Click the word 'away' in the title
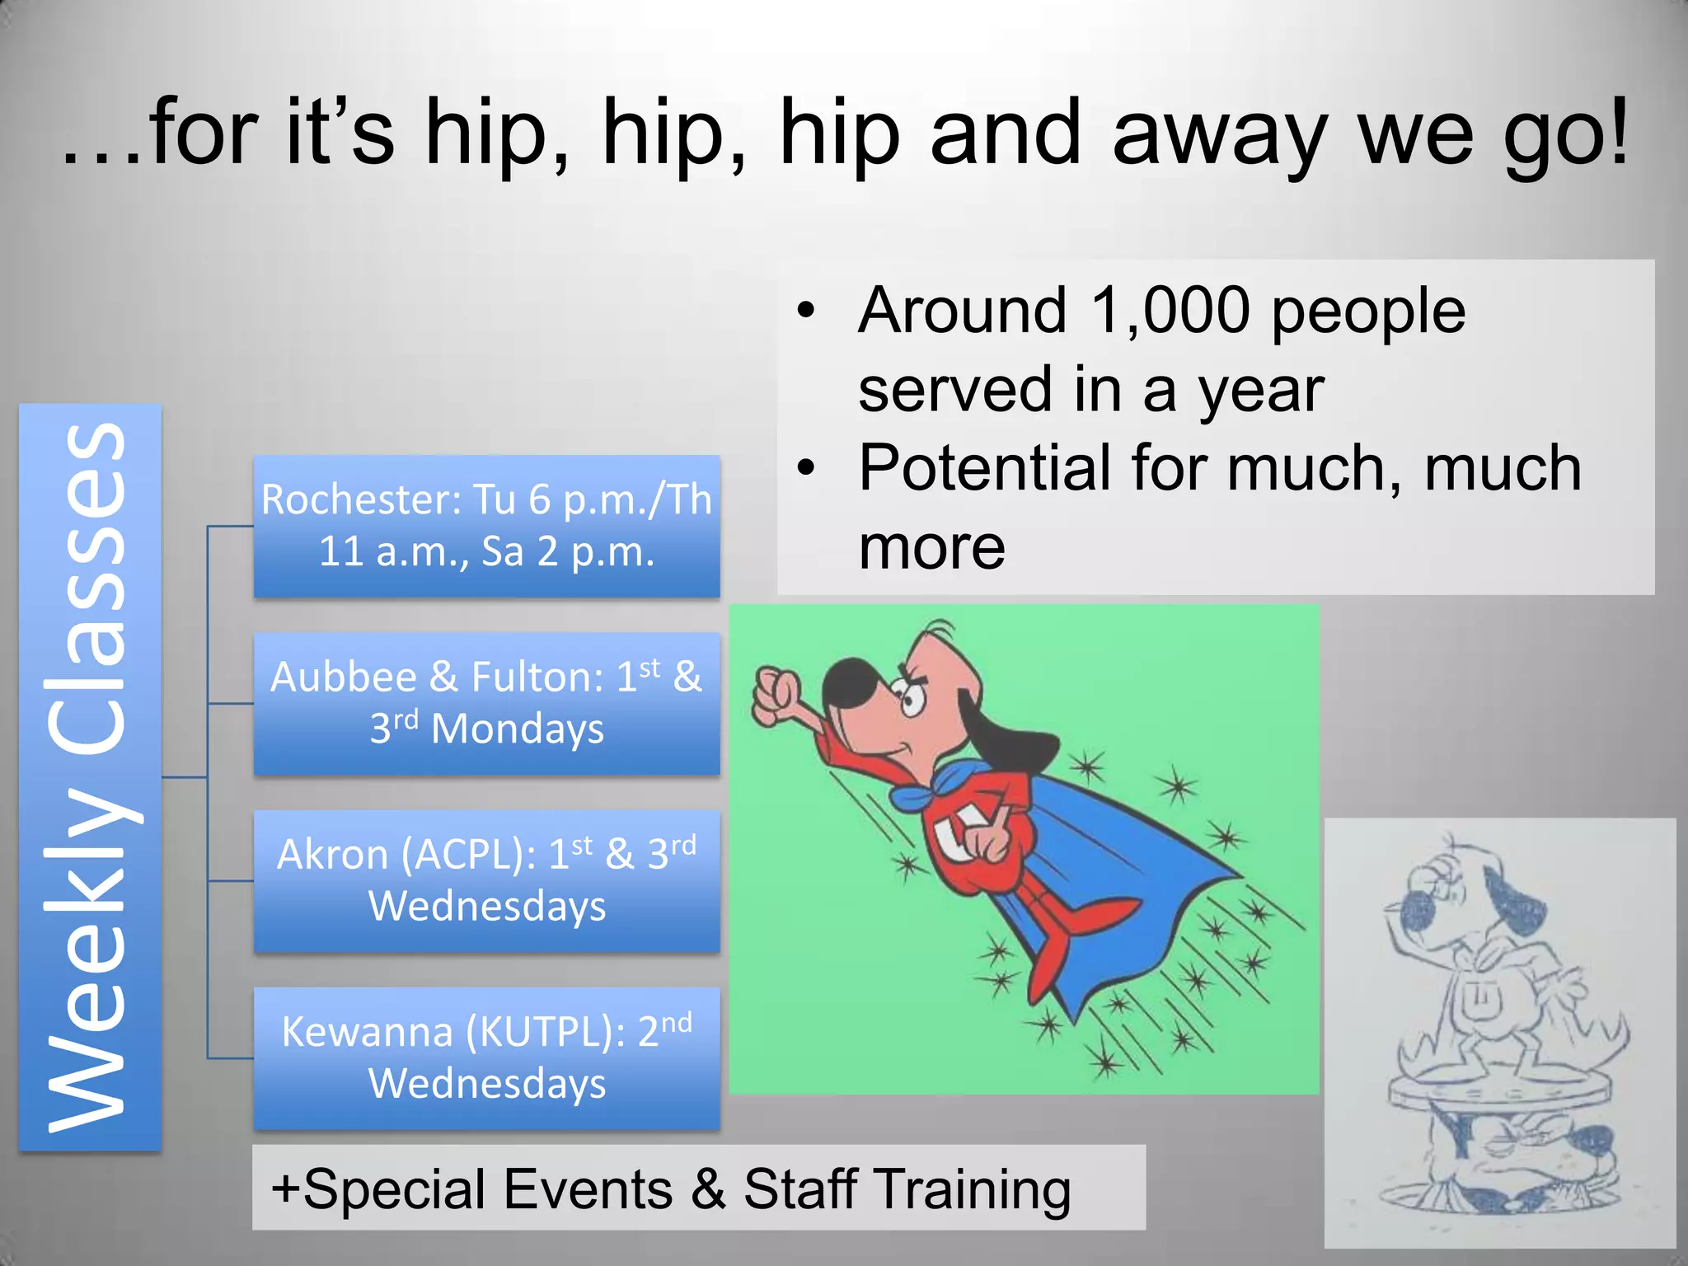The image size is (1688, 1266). point(1220,136)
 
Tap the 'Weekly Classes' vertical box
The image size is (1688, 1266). point(90,776)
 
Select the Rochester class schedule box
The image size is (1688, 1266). point(486,526)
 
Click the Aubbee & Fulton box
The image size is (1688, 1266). point(486,703)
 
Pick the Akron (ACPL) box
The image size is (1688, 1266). point(486,880)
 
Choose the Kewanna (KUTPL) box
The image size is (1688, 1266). point(486,1057)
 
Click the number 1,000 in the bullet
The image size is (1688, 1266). point(1170,312)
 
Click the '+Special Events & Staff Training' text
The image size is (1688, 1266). point(671,1189)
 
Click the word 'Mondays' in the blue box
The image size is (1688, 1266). point(518,729)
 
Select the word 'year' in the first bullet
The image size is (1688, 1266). point(1261,390)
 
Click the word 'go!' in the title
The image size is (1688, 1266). point(1566,136)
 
